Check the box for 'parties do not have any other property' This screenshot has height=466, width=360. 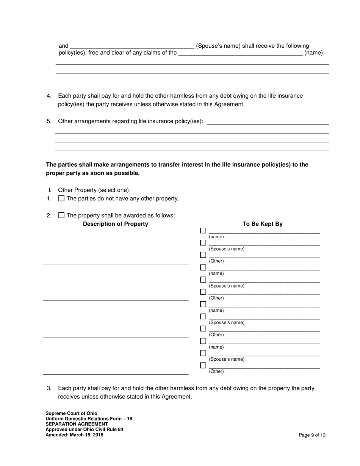(x=61, y=199)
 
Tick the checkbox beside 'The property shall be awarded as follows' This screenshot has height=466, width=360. (x=61, y=216)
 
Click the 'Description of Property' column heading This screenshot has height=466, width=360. (x=116, y=224)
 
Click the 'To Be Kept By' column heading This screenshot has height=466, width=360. (x=262, y=224)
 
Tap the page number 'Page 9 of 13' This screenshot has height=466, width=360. (x=312, y=435)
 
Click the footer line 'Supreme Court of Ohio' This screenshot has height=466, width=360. (x=71, y=413)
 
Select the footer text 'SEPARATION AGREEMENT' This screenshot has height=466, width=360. (x=77, y=424)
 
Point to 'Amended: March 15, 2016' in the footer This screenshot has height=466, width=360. (x=74, y=435)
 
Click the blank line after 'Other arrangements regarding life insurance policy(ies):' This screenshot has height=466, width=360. (x=268, y=122)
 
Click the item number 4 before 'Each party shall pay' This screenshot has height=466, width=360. (x=49, y=96)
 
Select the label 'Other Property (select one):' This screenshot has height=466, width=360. (x=94, y=190)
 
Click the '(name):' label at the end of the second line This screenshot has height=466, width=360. (x=315, y=53)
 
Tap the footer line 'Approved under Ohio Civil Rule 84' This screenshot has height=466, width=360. (x=84, y=430)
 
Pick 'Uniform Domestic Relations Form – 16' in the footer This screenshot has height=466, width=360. (x=89, y=419)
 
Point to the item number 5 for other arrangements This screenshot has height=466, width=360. (x=49, y=122)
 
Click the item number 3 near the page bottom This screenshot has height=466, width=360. (x=49, y=388)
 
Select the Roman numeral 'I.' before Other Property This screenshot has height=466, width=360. (x=50, y=190)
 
